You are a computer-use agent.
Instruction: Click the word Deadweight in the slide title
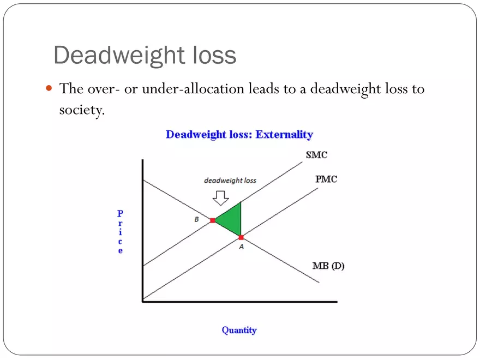119,56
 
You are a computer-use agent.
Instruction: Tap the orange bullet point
49,88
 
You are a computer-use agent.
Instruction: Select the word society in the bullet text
81,110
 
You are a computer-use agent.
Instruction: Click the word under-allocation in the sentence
193,89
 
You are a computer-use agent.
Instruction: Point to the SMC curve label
316,155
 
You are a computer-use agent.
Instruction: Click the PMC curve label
326,179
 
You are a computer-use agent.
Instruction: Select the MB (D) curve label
328,266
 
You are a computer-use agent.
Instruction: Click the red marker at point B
212,220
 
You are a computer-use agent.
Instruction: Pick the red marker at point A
241,237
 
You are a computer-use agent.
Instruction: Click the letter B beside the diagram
196,219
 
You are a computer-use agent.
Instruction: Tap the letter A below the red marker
242,247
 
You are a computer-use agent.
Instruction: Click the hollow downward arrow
221,198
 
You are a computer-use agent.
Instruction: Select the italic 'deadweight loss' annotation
230,181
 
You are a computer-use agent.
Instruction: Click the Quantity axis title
239,331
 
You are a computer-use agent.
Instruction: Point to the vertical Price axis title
121,232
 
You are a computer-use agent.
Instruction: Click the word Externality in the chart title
284,134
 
